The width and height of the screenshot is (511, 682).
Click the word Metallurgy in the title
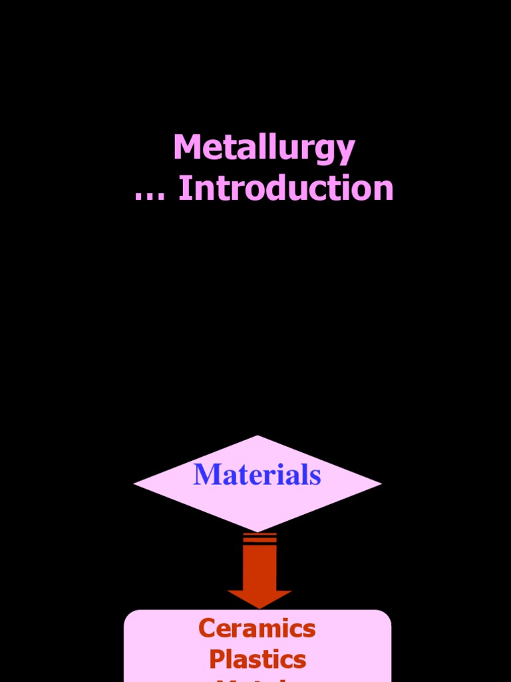pos(264,148)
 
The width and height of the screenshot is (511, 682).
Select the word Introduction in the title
pos(286,188)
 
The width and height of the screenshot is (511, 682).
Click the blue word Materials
pos(257,475)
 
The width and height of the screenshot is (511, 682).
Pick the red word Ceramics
pos(257,628)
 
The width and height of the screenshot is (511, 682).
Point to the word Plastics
pos(257,659)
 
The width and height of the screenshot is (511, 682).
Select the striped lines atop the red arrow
pos(259,538)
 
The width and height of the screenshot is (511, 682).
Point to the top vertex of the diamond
pos(257,438)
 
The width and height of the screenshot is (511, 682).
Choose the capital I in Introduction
pos(184,188)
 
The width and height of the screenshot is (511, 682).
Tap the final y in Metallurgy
pos(346,152)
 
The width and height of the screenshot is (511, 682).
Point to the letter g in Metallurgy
pos(327,152)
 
